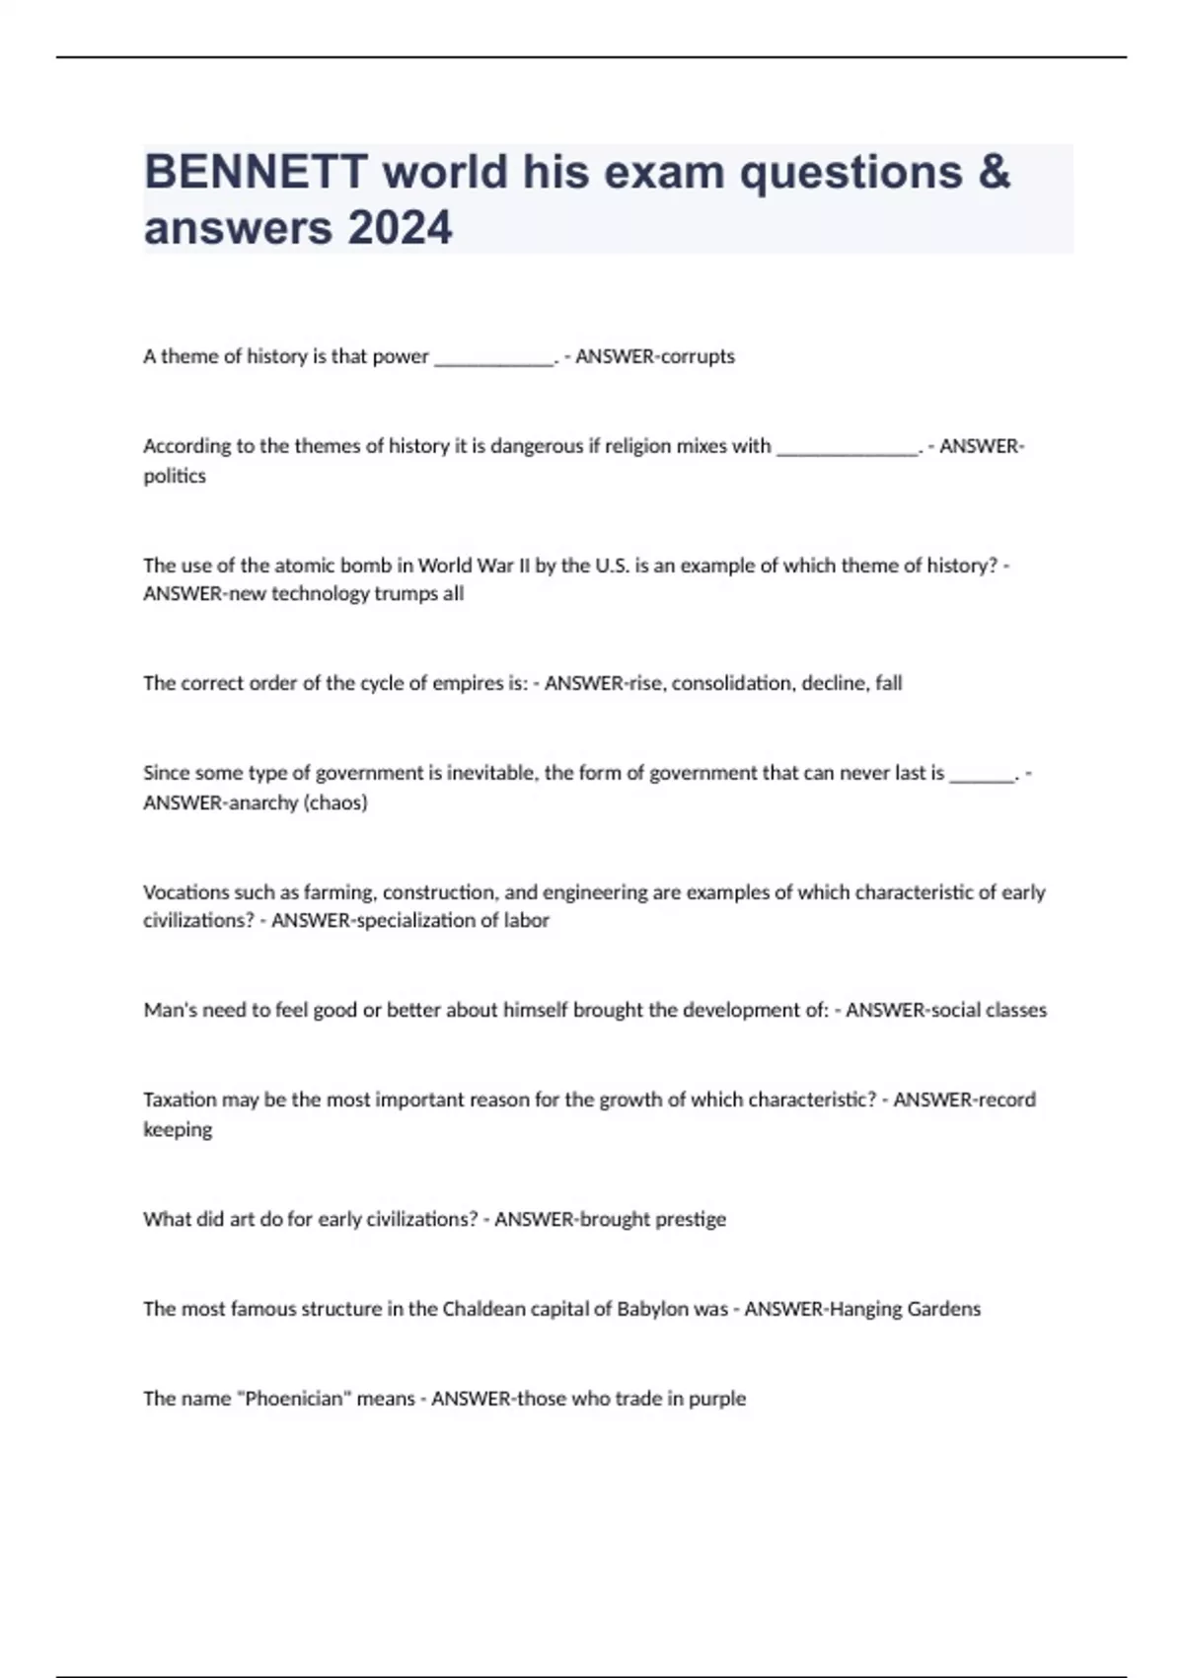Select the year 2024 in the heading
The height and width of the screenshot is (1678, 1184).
(x=400, y=228)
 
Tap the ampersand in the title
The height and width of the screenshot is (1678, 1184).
(x=995, y=172)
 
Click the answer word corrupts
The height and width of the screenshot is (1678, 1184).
(x=697, y=356)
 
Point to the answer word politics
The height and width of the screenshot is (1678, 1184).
(x=175, y=476)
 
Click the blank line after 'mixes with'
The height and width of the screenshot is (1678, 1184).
(x=848, y=447)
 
